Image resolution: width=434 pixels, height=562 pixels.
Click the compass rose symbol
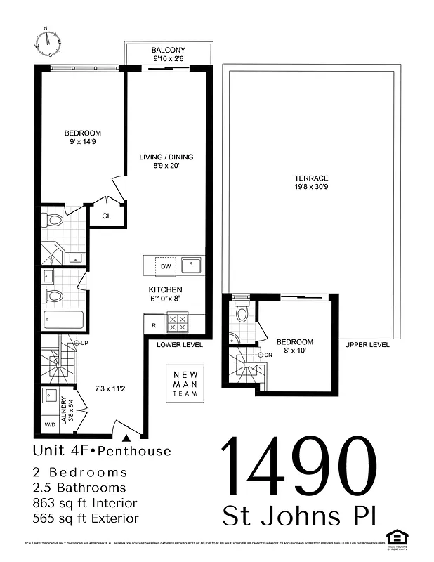tap(48, 41)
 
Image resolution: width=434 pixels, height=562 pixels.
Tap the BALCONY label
tap(169, 50)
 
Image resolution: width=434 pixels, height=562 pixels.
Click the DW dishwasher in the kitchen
tap(166, 266)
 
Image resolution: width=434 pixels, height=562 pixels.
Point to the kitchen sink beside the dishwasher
tap(191, 266)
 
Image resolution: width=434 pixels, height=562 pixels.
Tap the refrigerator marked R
tap(154, 325)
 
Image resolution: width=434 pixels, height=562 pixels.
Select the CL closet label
tap(107, 216)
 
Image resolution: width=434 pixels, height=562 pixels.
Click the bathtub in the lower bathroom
tap(63, 320)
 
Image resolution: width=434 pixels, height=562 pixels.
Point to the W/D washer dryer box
tap(51, 424)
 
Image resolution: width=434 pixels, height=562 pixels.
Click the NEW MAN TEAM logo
tap(185, 384)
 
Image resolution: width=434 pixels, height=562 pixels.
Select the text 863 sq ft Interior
tap(85, 503)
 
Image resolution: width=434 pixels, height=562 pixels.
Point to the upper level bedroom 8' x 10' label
tap(295, 346)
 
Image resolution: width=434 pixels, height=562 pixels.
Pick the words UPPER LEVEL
tap(367, 345)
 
